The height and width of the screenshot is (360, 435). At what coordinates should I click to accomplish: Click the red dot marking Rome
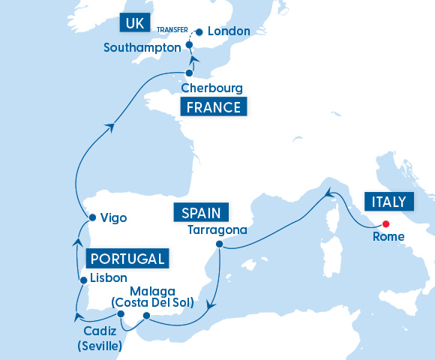tap(385, 223)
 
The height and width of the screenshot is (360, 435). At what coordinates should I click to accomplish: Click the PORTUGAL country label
tap(127, 259)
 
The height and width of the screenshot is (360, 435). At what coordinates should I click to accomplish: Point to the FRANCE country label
tap(214, 107)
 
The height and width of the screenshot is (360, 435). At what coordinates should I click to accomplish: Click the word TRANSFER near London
tap(172, 31)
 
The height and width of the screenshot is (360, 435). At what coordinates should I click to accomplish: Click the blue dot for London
tap(199, 32)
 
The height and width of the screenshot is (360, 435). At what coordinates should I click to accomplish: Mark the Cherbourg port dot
tap(189, 73)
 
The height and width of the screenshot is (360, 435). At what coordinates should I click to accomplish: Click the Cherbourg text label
tap(211, 88)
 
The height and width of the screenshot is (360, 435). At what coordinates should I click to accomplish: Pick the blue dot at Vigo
tap(91, 218)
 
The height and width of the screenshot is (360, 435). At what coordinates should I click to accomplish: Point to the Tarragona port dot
tap(218, 244)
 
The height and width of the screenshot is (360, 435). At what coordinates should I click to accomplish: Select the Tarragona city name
tap(217, 229)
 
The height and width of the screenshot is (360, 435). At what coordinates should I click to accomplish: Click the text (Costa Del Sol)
tap(152, 303)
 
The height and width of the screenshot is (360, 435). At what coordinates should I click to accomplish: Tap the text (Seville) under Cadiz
tap(100, 346)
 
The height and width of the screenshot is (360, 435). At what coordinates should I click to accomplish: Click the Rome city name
tap(388, 237)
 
